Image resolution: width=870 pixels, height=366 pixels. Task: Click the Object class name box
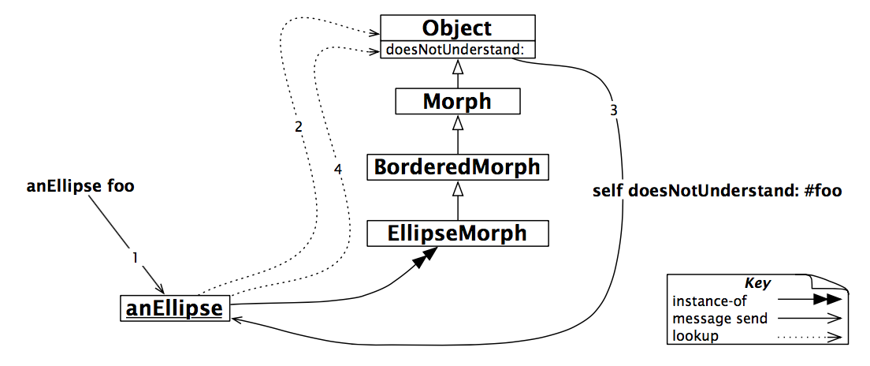pos(457,28)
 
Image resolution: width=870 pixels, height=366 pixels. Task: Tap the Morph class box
pos(457,101)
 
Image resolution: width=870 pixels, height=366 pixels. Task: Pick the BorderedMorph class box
pos(457,167)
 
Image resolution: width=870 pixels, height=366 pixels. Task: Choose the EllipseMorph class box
pos(457,233)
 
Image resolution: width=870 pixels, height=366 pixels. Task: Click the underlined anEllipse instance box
pos(176,308)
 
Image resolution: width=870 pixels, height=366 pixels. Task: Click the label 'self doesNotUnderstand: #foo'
pos(706,192)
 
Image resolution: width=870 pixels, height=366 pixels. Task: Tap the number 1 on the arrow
pos(135,257)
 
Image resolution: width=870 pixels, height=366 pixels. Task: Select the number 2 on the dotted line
pos(298,126)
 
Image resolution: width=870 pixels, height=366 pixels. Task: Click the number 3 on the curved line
pos(613,109)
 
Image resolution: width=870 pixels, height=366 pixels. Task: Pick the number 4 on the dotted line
pos(337,170)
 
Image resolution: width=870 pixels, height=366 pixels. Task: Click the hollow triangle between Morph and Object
pos(457,69)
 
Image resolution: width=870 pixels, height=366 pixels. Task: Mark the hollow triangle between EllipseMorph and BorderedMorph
pos(457,189)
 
